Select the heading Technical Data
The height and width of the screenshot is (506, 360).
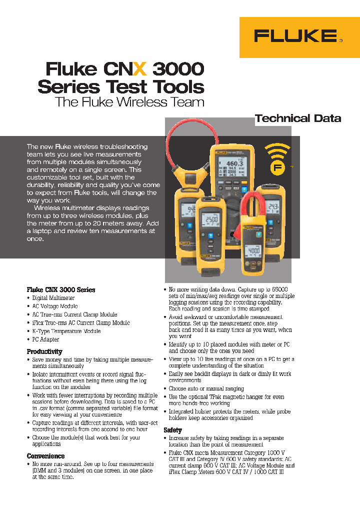tap(298, 118)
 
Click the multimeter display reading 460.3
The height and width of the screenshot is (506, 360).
tap(234, 163)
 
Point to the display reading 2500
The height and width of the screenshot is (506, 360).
tap(211, 220)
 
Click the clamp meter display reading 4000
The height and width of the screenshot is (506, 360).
tap(254, 250)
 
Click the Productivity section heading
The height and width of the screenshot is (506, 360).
tap(44, 351)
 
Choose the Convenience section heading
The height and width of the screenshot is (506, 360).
tap(45, 456)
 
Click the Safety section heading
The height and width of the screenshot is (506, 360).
tap(172, 430)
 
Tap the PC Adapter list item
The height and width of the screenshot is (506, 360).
tap(45, 339)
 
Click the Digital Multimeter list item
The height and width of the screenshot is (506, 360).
tap(53, 298)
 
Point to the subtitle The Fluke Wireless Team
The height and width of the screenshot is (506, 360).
tap(129, 102)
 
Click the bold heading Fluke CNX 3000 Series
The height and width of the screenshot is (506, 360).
tap(60, 289)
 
